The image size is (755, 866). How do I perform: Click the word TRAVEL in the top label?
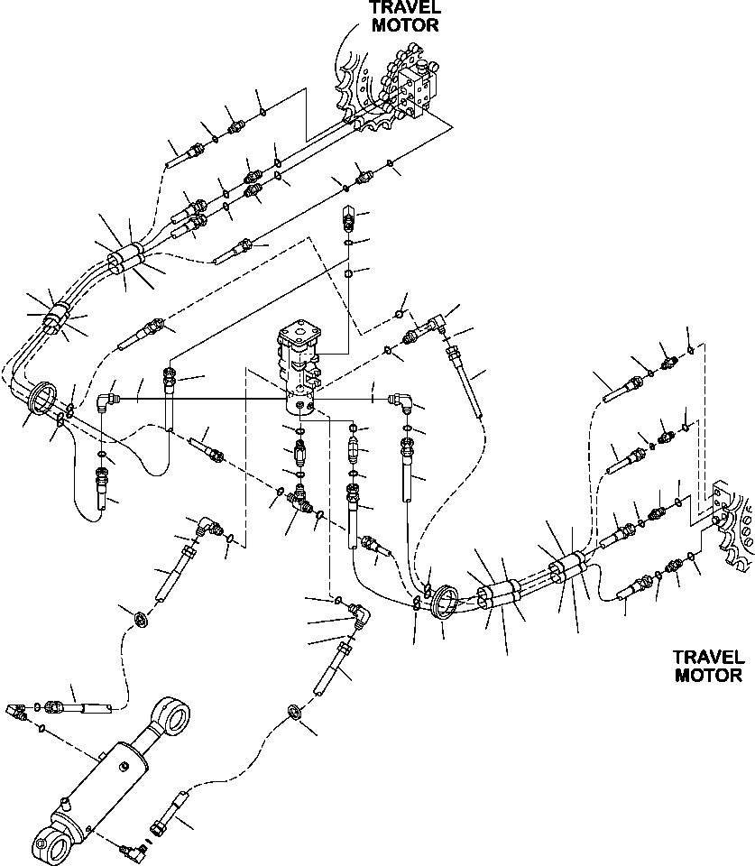point(405,7)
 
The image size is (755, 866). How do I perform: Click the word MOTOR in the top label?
point(405,25)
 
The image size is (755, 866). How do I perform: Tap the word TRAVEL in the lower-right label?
point(708,657)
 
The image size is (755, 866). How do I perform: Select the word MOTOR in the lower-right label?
point(708,675)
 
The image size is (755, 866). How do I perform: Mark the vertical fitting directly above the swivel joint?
point(350,218)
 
